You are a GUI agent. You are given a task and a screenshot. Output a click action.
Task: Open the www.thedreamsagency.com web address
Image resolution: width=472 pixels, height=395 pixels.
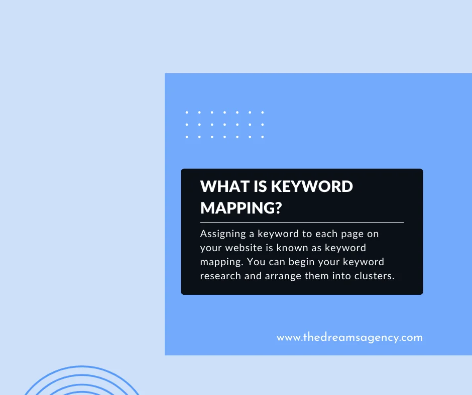[x=349, y=337]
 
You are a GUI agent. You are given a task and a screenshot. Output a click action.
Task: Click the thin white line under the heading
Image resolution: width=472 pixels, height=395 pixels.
[x=302, y=222]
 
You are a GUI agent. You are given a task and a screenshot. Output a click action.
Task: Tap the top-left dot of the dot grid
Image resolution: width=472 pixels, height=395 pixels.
[x=187, y=112]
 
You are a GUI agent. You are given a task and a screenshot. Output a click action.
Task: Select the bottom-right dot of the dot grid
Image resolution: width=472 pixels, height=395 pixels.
[x=262, y=136]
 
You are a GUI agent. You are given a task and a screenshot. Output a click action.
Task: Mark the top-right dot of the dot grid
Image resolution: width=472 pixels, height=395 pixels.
[x=262, y=112]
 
